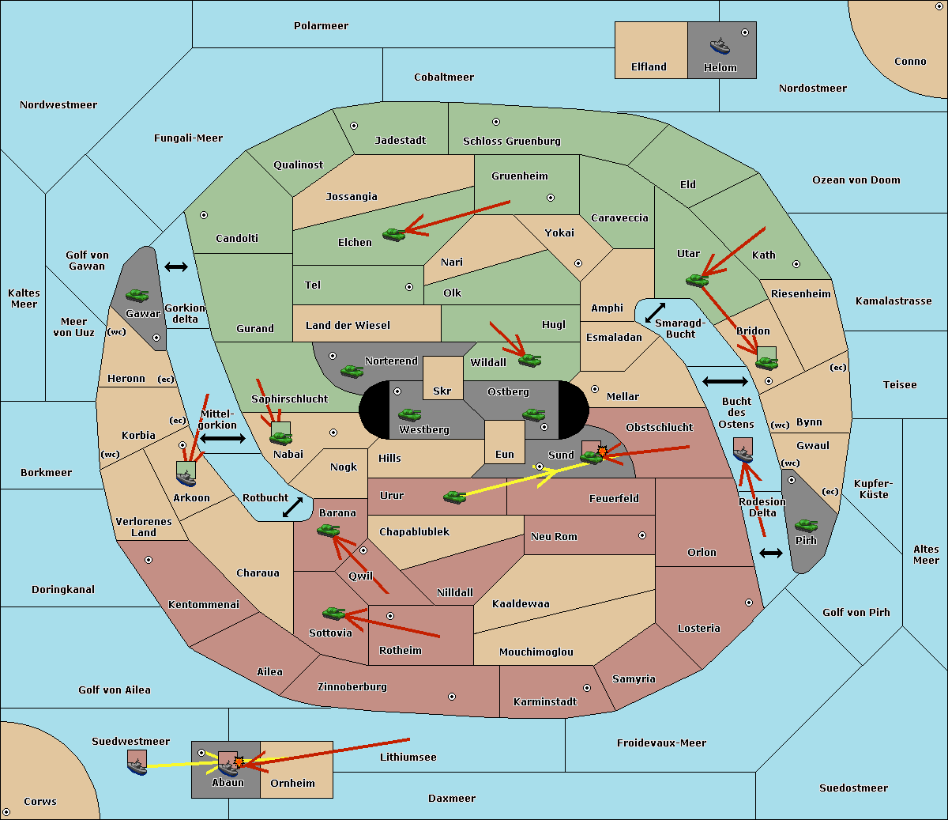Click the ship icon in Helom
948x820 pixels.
(720, 46)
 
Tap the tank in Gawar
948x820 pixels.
(137, 295)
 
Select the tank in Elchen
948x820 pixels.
(394, 235)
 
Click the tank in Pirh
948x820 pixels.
(806, 525)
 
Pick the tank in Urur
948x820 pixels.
(454, 497)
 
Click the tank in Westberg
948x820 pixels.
(409, 414)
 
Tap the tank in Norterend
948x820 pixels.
(352, 371)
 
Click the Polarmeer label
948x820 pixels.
(321, 26)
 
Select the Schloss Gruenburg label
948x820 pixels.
(511, 141)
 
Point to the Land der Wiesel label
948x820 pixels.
(348, 326)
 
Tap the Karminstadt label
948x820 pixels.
(545, 701)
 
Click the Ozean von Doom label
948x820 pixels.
(856, 180)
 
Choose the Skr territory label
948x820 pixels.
(442, 391)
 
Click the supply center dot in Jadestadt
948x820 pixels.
(354, 126)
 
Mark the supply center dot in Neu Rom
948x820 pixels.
(642, 535)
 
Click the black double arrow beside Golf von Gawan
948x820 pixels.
(176, 266)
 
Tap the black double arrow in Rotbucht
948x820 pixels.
(292, 507)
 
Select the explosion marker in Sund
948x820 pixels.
(602, 452)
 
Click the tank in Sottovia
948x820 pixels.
(333, 613)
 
